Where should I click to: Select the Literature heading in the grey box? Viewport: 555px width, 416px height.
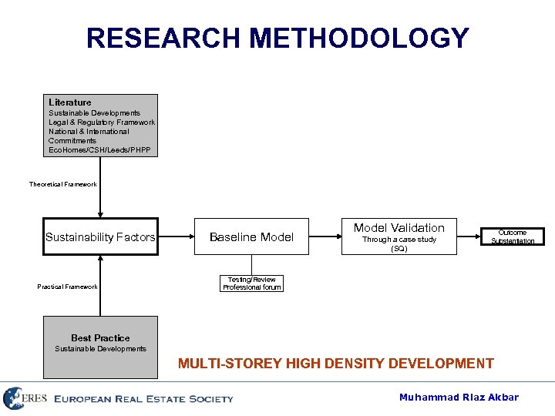[70, 102]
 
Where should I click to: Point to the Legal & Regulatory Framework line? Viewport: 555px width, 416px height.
[102, 122]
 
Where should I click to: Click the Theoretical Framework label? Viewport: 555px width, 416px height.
[63, 184]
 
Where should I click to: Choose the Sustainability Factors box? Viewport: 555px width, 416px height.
[100, 237]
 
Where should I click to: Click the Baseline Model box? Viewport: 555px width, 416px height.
[252, 237]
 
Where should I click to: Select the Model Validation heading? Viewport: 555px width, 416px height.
[399, 228]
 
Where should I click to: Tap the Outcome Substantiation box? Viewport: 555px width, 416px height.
[513, 237]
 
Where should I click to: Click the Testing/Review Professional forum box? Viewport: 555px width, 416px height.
[252, 283]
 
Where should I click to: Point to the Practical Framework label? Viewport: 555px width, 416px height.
[68, 287]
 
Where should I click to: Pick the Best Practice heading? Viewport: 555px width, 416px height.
[100, 338]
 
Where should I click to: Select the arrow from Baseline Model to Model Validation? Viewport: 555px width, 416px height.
[325, 237]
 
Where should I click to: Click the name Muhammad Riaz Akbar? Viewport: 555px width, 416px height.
[459, 398]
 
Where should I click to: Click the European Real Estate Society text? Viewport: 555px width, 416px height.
[143, 399]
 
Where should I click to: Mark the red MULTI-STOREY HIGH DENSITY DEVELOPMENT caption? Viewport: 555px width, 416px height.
[335, 364]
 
